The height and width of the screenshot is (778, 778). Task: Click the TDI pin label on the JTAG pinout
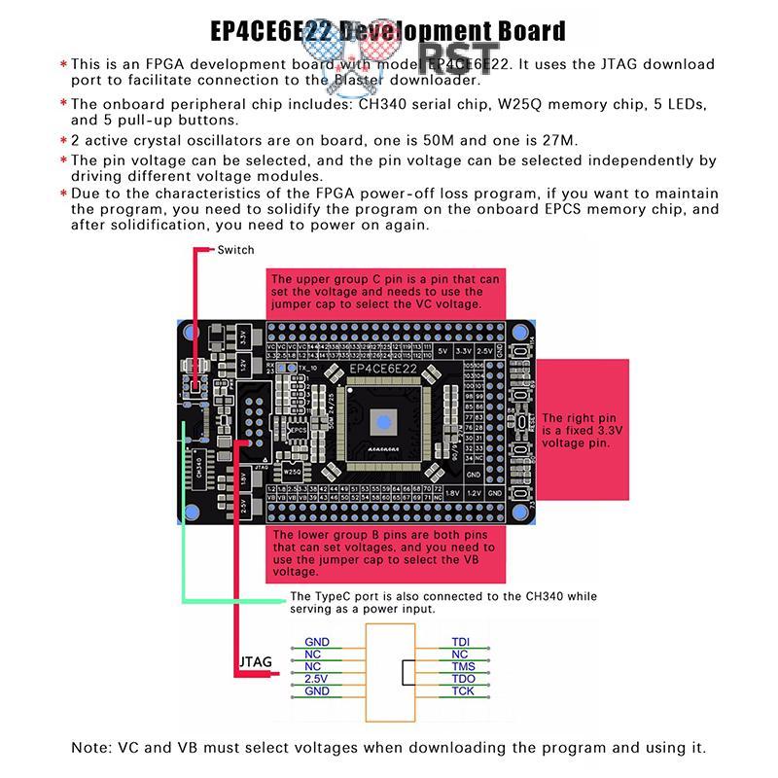tap(461, 642)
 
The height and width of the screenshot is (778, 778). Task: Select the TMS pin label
tap(463, 666)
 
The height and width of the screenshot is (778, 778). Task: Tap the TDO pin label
tap(463, 679)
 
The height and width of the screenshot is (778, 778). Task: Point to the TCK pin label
tap(463, 691)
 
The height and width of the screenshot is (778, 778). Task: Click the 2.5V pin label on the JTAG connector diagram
tap(317, 679)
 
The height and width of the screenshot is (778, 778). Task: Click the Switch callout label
tap(235, 250)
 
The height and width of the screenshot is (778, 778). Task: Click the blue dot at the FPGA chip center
tap(383, 422)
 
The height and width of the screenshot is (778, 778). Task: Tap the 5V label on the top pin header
tap(443, 350)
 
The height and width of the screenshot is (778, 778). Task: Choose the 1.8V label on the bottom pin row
tap(452, 494)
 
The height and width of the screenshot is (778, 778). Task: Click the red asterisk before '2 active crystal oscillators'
tap(63, 141)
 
